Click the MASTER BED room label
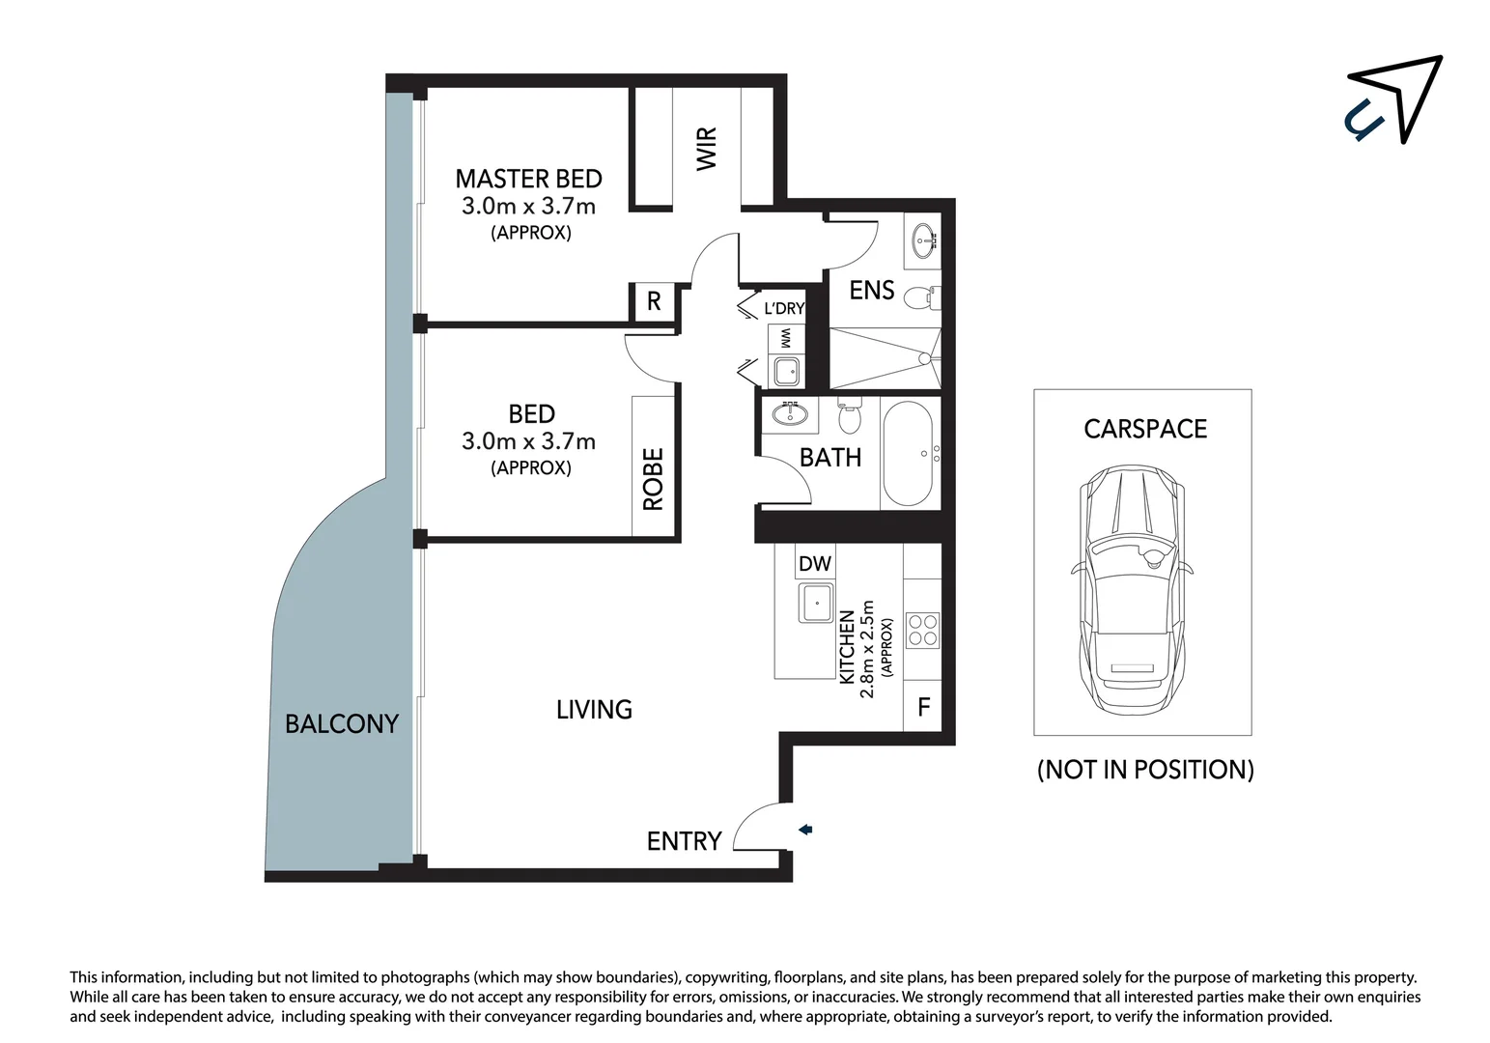point(528,180)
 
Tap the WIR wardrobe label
point(707,149)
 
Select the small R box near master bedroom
point(654,301)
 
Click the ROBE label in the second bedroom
point(654,479)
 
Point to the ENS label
point(871,291)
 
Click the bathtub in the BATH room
point(909,454)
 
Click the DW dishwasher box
point(814,563)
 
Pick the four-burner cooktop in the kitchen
point(922,630)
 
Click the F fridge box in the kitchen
point(923,707)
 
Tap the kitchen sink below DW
point(816,604)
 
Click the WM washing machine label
point(786,339)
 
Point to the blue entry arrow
point(805,830)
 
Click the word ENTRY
point(684,841)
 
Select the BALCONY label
point(341,723)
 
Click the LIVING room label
point(594,710)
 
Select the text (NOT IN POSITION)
point(1145,770)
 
